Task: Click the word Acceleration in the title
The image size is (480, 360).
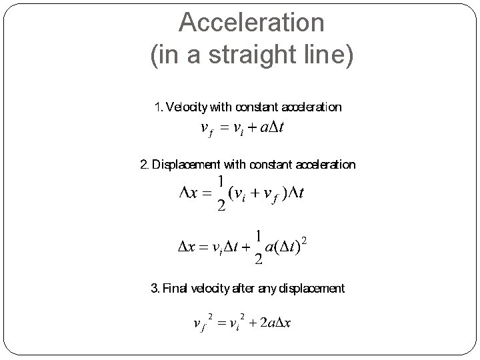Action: coord(251,23)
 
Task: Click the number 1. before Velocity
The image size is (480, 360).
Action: coord(158,107)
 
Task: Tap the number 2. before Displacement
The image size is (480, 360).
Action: coord(145,164)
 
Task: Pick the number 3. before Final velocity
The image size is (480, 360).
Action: coord(155,289)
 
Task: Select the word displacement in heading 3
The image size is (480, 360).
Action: coord(312,289)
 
